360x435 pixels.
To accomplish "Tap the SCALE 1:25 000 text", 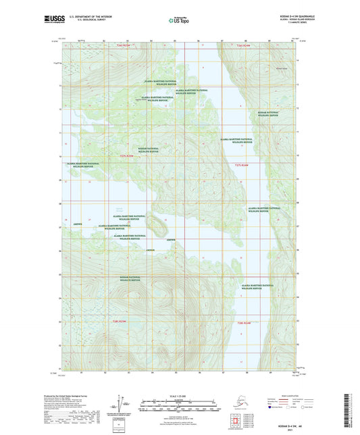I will pyautogui.click(x=180, y=394).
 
